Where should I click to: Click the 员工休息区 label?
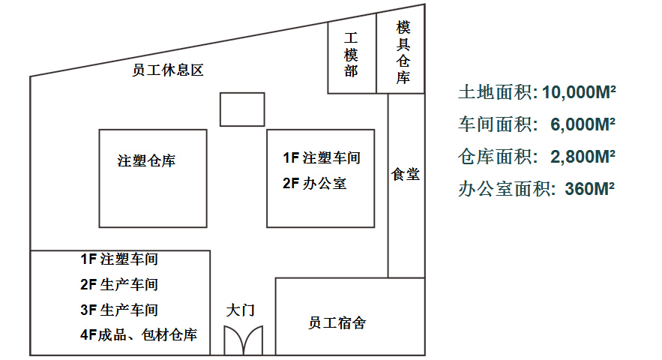coord(168,71)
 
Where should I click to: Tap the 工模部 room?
coord(351,55)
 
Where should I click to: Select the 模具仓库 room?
coord(403,52)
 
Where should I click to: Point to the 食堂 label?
coord(406,175)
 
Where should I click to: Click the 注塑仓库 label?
coord(147,160)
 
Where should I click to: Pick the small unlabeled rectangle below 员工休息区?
coord(241,109)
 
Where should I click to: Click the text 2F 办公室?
coord(315,183)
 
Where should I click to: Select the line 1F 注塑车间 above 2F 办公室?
coord(321,158)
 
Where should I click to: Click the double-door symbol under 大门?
coord(245,340)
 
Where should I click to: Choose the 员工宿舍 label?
coord(337,323)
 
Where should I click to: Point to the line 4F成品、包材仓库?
coord(139,335)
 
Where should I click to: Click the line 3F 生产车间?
coord(119,310)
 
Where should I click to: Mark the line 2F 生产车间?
coord(119,285)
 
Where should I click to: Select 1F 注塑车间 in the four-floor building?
coord(119,259)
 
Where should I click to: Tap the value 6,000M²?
coord(583,124)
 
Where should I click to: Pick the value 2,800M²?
coord(583,157)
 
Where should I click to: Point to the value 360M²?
coord(589,189)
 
